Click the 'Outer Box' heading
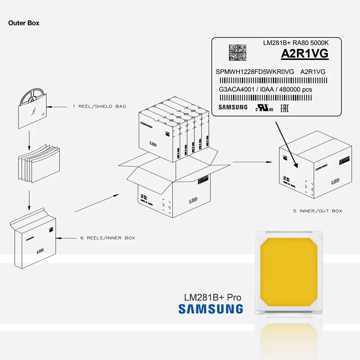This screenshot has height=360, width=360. tap(23, 22)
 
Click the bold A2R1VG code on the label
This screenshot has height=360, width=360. tap(305, 54)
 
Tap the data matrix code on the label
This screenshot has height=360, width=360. tap(238, 52)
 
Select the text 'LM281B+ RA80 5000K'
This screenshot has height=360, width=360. tap(296, 43)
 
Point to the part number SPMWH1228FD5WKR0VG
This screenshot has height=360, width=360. tap(255, 72)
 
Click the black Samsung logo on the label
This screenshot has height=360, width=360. tap(233, 107)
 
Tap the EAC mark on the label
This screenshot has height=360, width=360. tap(284, 108)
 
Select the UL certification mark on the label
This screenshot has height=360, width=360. tap(265, 108)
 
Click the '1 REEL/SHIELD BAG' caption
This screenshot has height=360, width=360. tap(99, 107)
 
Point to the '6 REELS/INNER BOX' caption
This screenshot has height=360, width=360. tap(108, 238)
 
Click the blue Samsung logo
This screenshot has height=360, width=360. tap(211, 309)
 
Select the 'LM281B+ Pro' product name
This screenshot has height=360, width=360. tap(212, 297)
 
